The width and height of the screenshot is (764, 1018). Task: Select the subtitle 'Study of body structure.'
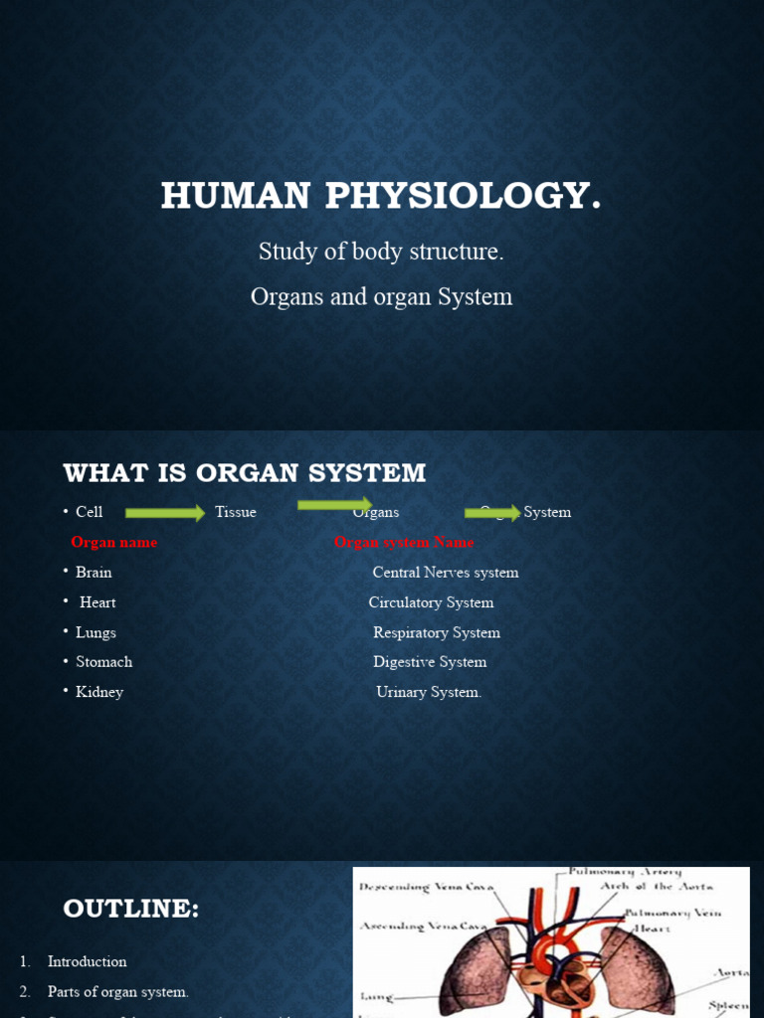tap(381, 252)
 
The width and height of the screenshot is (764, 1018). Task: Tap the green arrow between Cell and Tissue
tap(164, 513)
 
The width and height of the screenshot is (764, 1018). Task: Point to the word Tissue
tap(236, 512)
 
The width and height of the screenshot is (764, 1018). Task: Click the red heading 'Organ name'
tap(113, 542)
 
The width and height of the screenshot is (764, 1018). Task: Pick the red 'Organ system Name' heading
tap(404, 542)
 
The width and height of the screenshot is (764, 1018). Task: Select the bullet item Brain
tap(94, 573)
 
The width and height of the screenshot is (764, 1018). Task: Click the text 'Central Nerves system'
tap(446, 573)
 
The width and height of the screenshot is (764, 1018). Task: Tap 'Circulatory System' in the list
tap(431, 602)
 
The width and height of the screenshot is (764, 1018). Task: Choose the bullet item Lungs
tap(95, 632)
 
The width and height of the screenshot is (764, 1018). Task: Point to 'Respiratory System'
tap(437, 632)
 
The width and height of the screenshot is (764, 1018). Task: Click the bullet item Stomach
tap(103, 662)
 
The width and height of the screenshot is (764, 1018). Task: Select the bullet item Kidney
tap(99, 692)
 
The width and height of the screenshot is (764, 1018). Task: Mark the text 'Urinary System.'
tap(429, 692)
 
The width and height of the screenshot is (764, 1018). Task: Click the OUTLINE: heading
tap(131, 909)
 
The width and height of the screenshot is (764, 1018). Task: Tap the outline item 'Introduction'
tap(88, 961)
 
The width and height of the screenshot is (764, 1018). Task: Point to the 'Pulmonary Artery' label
tap(626, 871)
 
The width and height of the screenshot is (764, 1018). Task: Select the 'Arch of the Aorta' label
tap(657, 886)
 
